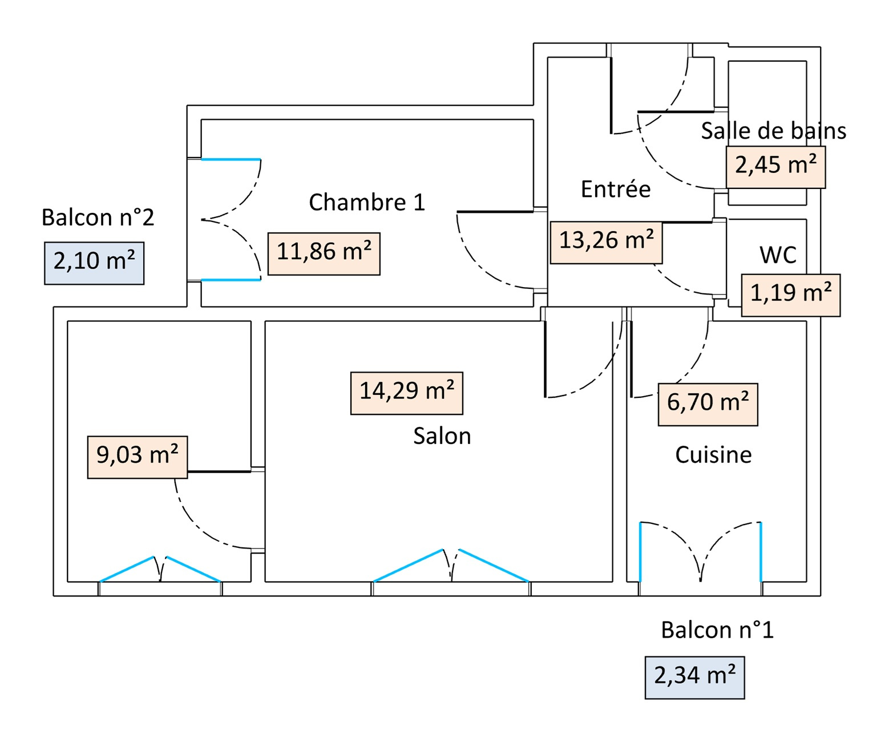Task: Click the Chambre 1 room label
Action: (367, 202)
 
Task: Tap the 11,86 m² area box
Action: (324, 253)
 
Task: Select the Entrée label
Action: (616, 189)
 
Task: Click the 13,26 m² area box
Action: (606, 242)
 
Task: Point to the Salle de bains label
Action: (773, 131)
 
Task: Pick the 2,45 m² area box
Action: (775, 167)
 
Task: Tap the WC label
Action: (778, 255)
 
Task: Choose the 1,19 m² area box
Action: (790, 295)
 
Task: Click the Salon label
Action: (442, 436)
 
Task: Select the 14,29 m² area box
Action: (406, 393)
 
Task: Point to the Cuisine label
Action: (713, 455)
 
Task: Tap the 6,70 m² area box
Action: (708, 404)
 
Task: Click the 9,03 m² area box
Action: (137, 457)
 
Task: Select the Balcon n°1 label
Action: (717, 630)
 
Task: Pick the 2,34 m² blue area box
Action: (694, 678)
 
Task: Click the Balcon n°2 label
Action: (98, 217)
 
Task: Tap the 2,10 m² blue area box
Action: (94, 263)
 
